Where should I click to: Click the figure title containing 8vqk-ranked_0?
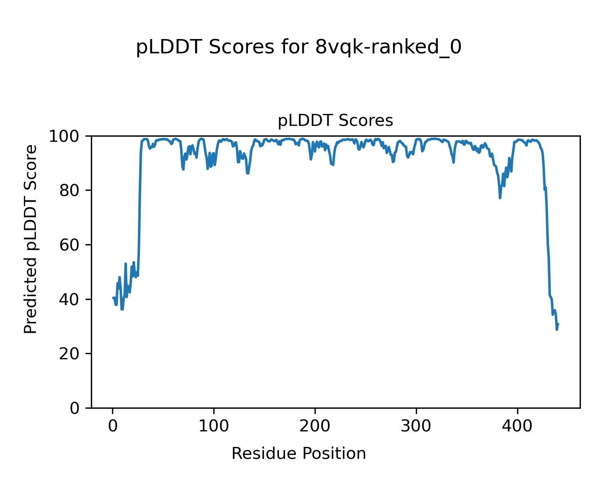[299, 48]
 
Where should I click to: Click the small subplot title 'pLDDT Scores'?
[335, 121]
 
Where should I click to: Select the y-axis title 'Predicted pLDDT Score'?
[31, 239]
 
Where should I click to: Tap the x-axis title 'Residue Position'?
[299, 454]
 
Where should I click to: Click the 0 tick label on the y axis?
[75, 408]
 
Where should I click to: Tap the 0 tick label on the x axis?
[113, 426]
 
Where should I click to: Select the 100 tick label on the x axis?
[214, 426]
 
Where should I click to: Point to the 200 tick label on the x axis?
[315, 426]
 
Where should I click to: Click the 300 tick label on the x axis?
[416, 426]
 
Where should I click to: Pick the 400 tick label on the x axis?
[517, 426]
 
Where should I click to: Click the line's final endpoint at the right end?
[558, 324]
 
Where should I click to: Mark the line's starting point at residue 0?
[113, 298]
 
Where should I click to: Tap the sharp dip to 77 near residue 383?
[500, 198]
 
